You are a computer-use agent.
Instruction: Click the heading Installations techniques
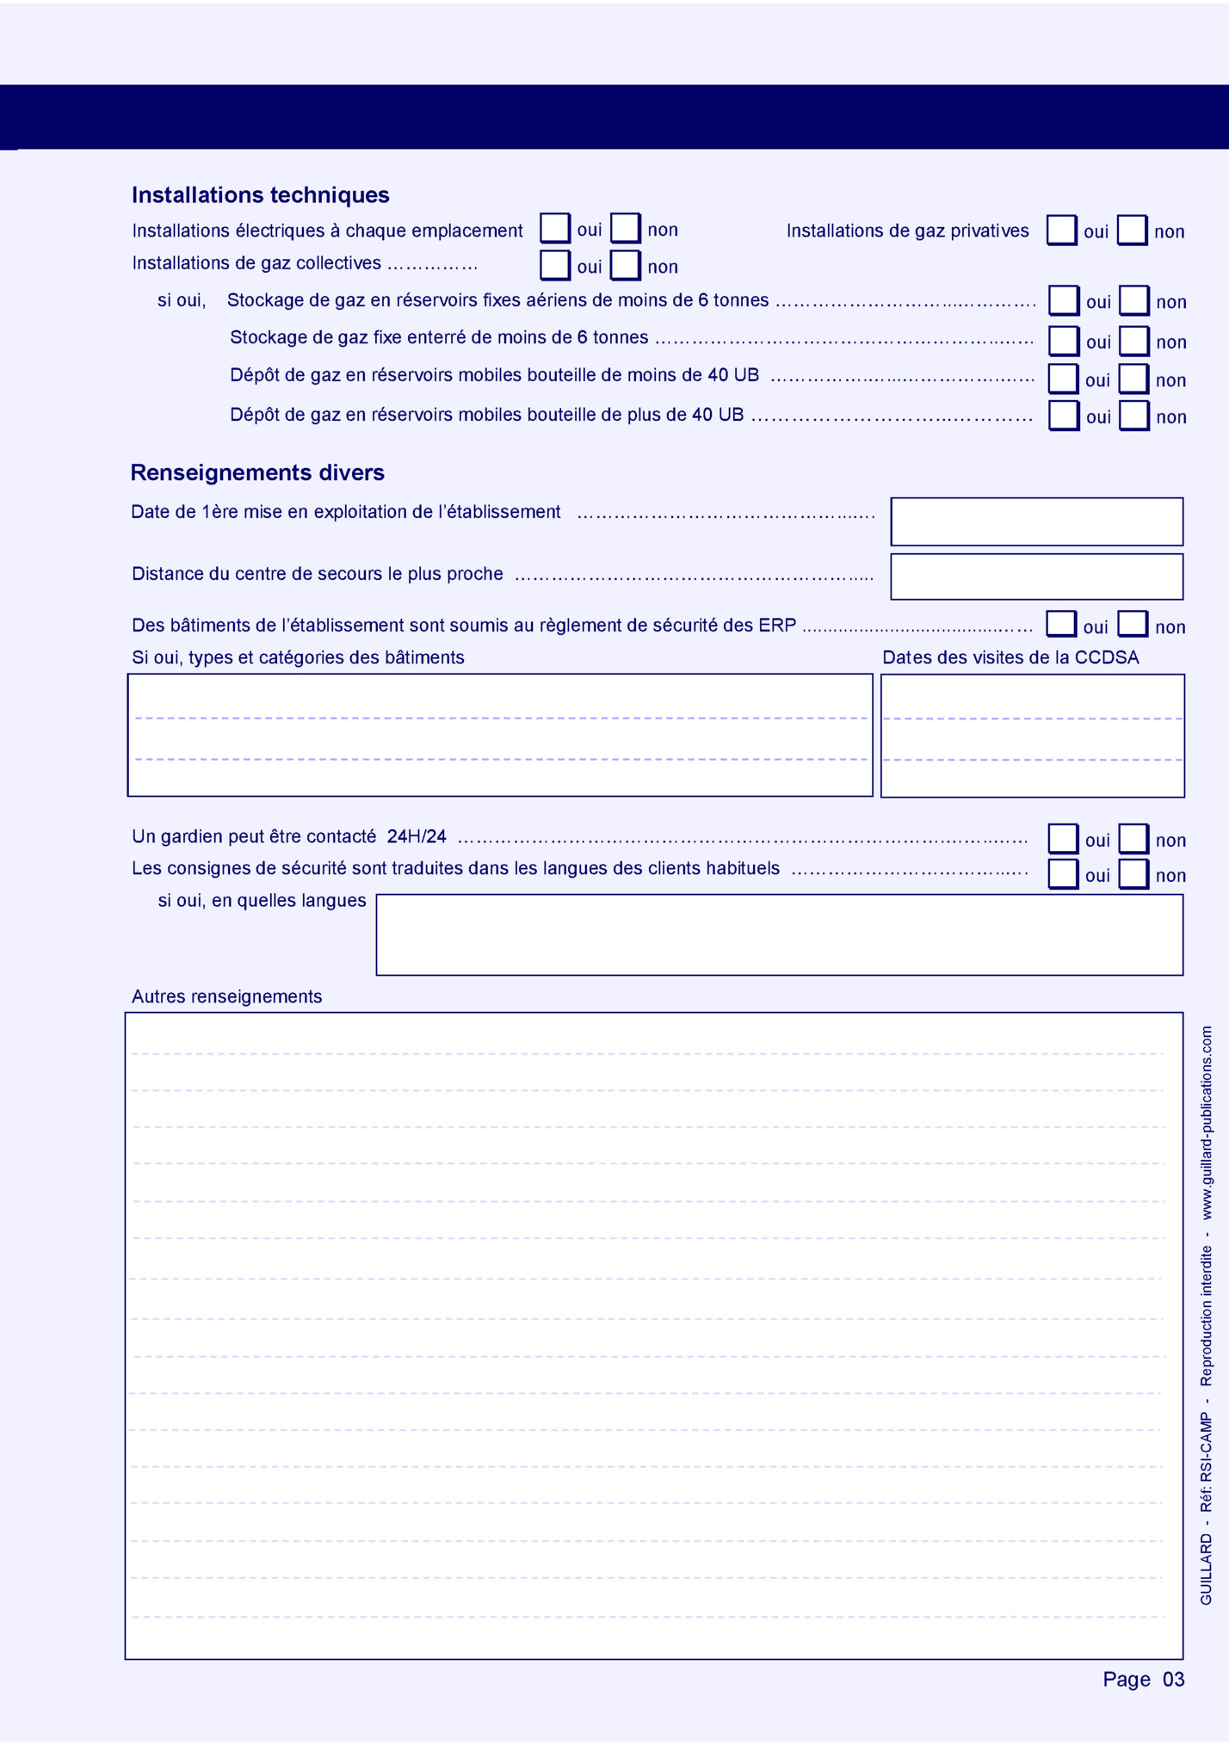pyautogui.click(x=260, y=195)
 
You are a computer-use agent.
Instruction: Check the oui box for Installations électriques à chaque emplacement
pyautogui.click(x=555, y=229)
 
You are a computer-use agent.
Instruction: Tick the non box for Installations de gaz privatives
pyautogui.click(x=1132, y=231)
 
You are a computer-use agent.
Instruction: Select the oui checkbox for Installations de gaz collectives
pyautogui.click(x=555, y=265)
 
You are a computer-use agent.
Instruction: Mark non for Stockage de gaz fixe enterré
pyautogui.click(x=1134, y=342)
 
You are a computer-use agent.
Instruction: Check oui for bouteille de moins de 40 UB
pyautogui.click(x=1063, y=379)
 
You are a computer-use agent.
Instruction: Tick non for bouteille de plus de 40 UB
pyautogui.click(x=1134, y=416)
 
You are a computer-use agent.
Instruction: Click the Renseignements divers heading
pyautogui.click(x=257, y=472)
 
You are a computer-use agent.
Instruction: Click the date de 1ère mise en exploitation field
pyautogui.click(x=1036, y=521)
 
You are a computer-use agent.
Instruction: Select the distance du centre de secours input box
pyautogui.click(x=1036, y=577)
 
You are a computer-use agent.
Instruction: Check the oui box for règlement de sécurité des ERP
pyautogui.click(x=1061, y=626)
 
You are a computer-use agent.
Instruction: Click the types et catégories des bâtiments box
pyautogui.click(x=500, y=736)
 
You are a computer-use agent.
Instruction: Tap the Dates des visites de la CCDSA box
pyautogui.click(x=1032, y=736)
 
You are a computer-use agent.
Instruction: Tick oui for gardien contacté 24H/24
pyautogui.click(x=1063, y=839)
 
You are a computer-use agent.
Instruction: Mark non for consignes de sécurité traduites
pyautogui.click(x=1133, y=874)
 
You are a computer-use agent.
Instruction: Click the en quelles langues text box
pyautogui.click(x=779, y=935)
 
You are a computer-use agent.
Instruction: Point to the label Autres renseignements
pyautogui.click(x=227, y=996)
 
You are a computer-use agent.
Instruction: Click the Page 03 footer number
pyautogui.click(x=1143, y=1680)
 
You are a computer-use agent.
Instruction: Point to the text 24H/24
pyautogui.click(x=417, y=836)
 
